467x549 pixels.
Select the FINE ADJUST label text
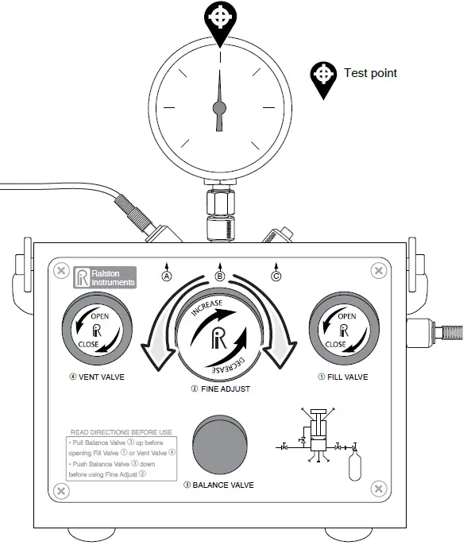(x=220, y=390)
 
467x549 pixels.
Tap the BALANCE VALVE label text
(x=218, y=485)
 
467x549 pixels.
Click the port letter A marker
(x=167, y=276)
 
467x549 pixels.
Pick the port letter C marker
(x=276, y=276)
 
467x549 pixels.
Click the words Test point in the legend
(x=370, y=73)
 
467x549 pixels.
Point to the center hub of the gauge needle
(x=220, y=107)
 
